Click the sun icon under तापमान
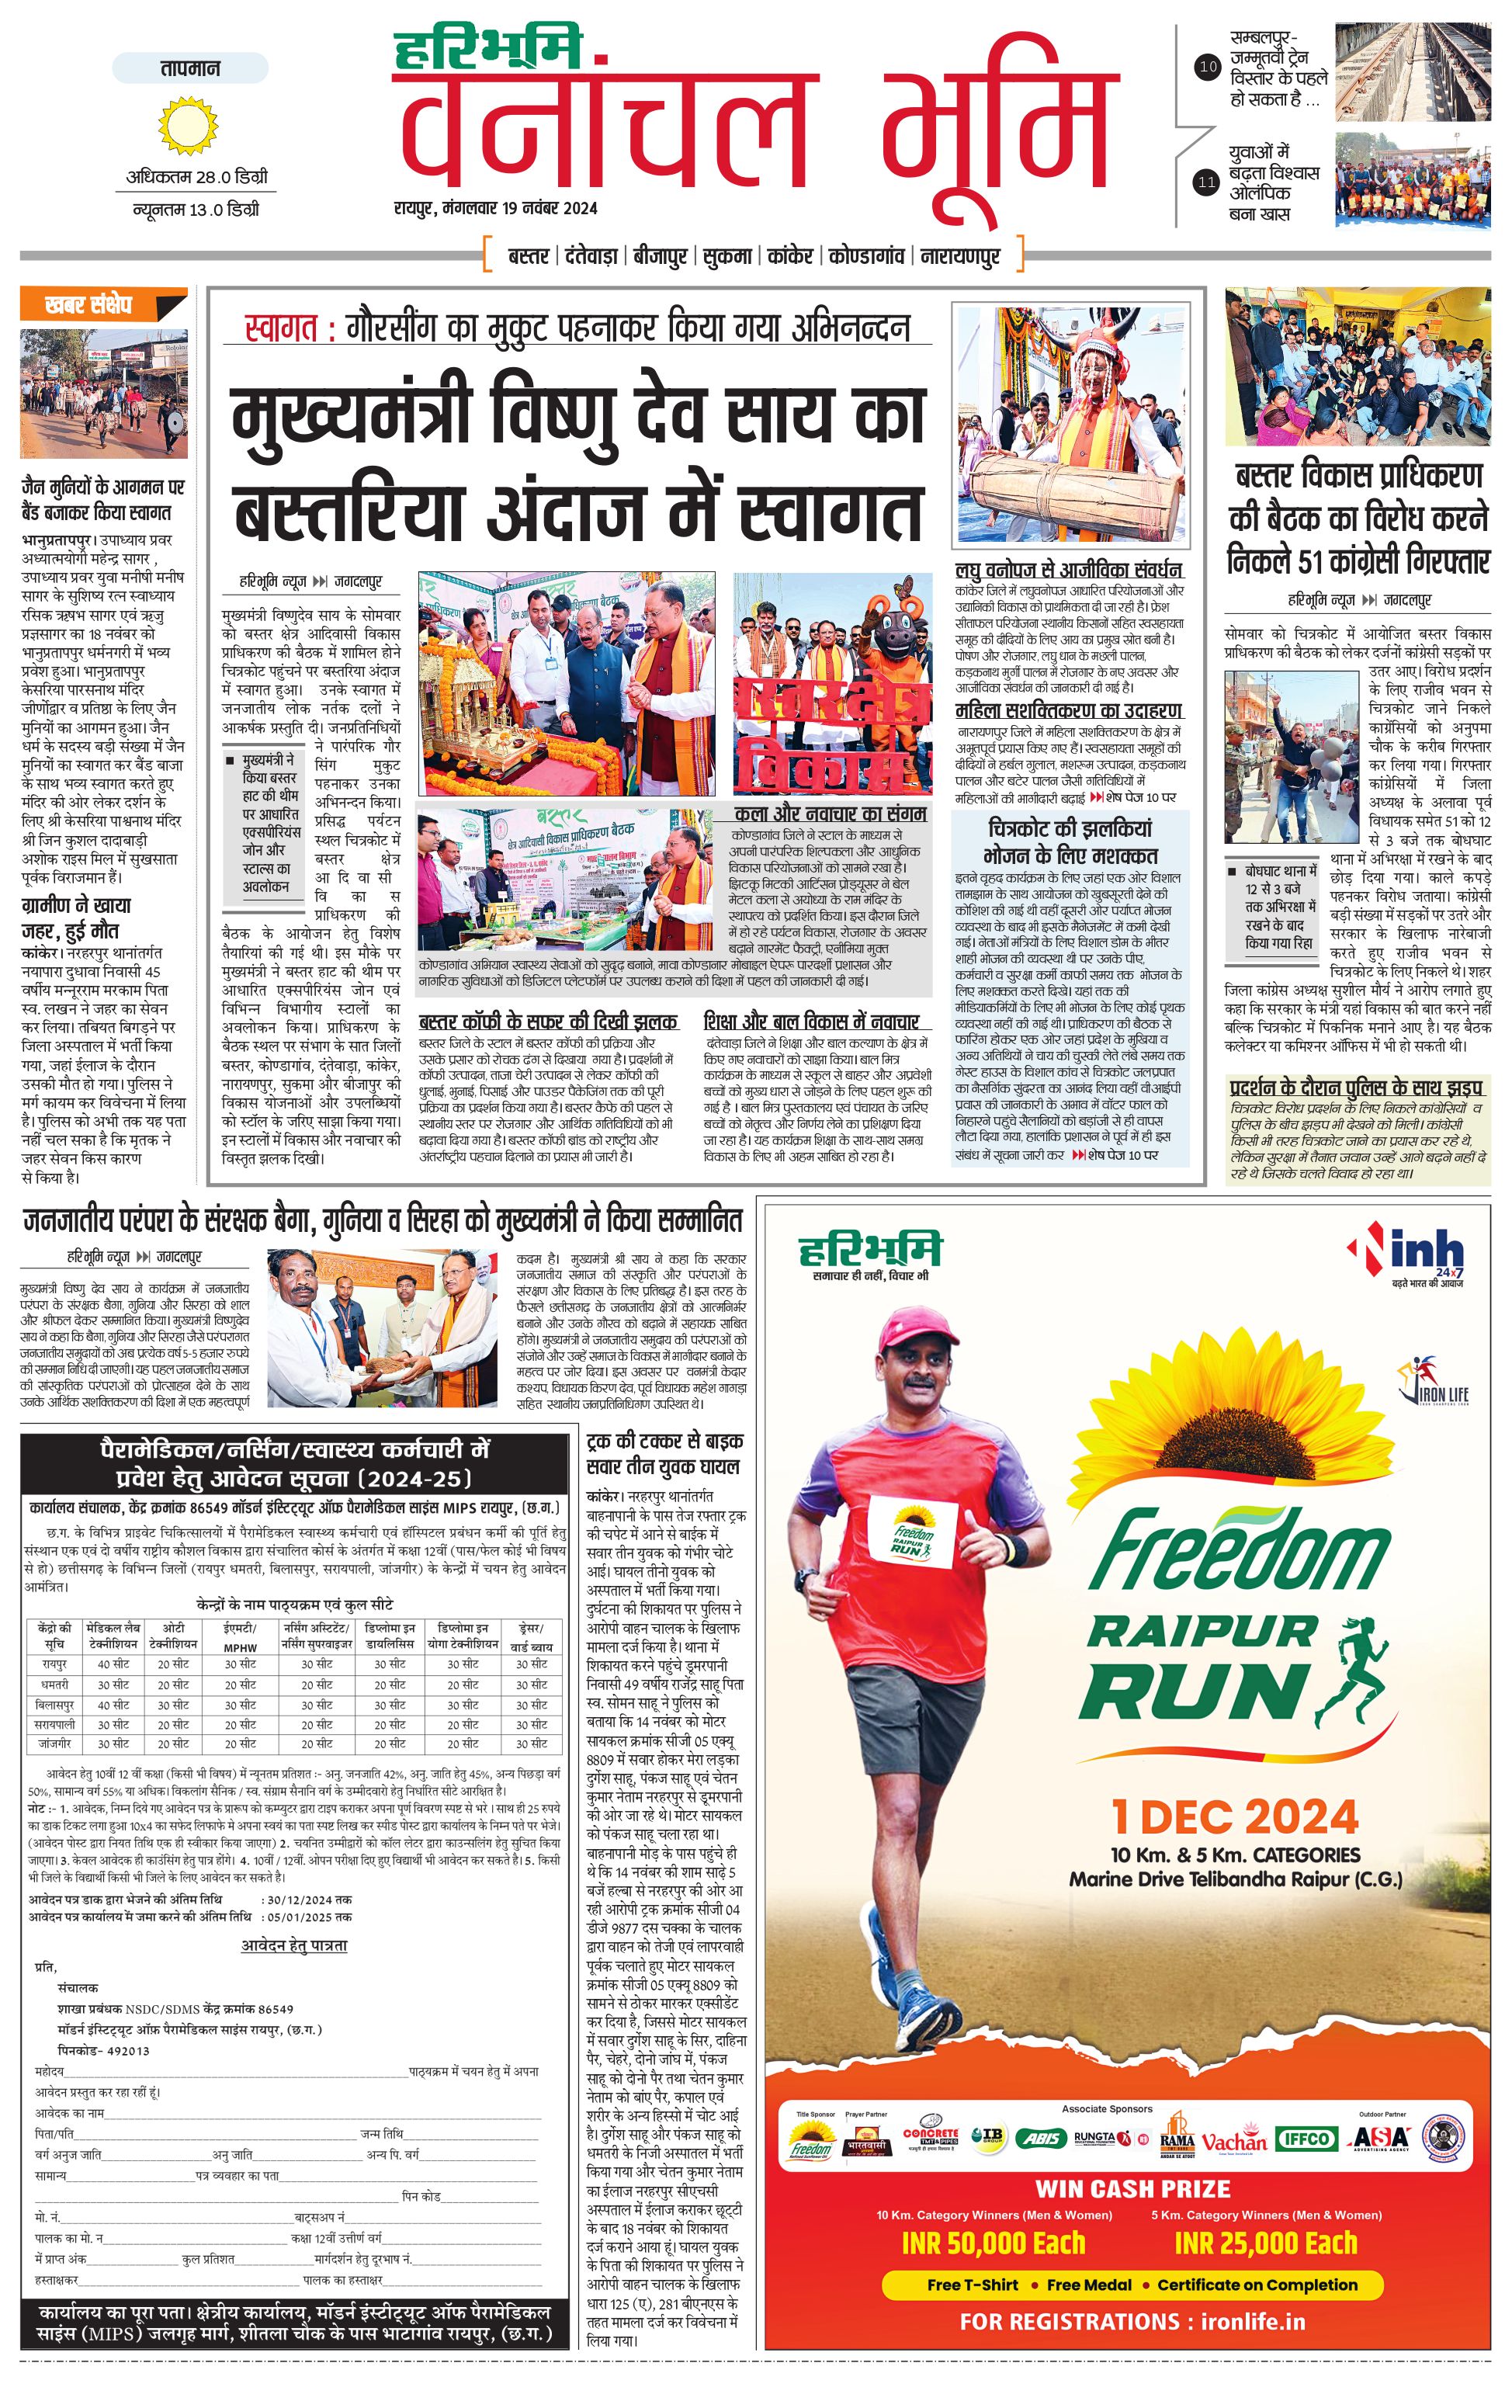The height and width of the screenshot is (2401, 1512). point(187,126)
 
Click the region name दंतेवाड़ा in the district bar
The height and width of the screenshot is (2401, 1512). point(591,256)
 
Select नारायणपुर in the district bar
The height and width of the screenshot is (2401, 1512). point(959,256)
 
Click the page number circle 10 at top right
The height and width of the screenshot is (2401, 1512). point(1207,68)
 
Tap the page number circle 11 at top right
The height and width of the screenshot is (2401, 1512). point(1207,182)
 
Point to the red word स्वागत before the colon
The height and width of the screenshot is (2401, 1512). point(280,328)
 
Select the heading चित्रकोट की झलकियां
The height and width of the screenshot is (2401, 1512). point(1070,828)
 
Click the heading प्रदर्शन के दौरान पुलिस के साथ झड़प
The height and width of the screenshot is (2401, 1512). point(1355,1087)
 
